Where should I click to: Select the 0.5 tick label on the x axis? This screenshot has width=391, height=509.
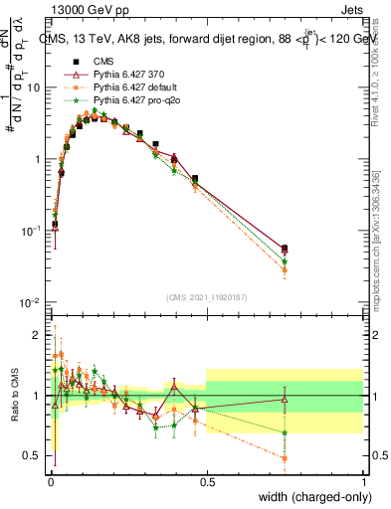pyautogui.click(x=207, y=481)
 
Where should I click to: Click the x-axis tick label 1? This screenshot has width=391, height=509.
pyautogui.click(x=364, y=481)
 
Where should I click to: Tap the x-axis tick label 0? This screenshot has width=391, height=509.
pyautogui.click(x=51, y=481)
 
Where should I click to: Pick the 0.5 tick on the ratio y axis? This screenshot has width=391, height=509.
pyautogui.click(x=34, y=456)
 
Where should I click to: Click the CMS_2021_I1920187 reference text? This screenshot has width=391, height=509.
pyautogui.click(x=207, y=297)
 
